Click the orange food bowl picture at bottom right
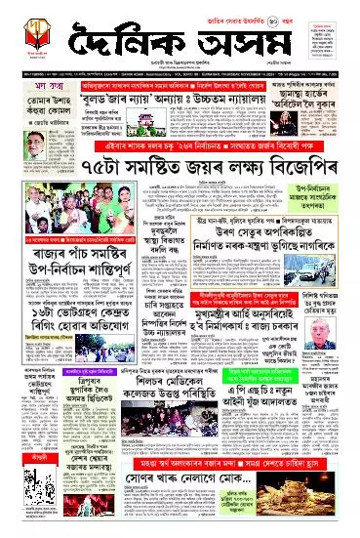pyautogui.click(x=330, y=492)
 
